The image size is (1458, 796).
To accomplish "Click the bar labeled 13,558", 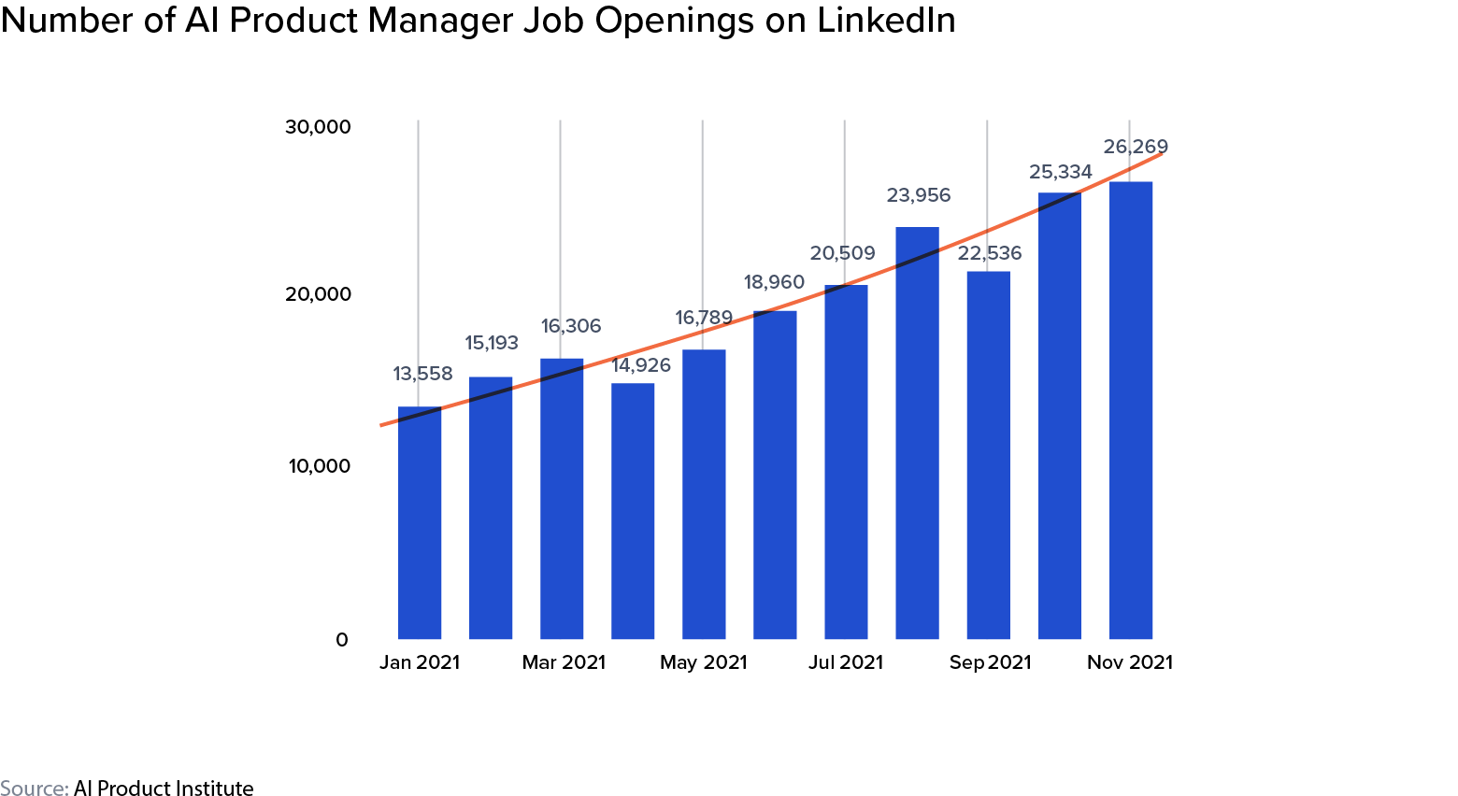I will (x=419, y=523).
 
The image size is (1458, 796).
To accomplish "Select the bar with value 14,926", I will (x=633, y=511).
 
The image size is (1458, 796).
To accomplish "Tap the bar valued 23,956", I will (x=917, y=434).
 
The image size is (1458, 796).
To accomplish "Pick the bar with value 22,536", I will (x=988, y=455).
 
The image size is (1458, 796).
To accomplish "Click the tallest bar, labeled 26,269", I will (x=1130, y=411).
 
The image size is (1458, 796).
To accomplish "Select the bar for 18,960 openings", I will (x=775, y=475).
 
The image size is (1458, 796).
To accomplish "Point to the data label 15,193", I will (x=492, y=343).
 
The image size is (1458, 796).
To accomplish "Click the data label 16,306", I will (x=571, y=326).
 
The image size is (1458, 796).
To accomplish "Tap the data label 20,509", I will (x=842, y=253).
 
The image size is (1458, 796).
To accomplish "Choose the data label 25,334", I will (x=1060, y=172).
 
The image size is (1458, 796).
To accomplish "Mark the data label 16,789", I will (x=704, y=318).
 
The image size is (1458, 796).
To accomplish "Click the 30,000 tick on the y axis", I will (x=318, y=127).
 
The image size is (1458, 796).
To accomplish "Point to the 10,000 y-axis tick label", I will (x=320, y=465).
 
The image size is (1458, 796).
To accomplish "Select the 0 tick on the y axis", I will (x=342, y=640).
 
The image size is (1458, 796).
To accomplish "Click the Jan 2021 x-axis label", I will (x=420, y=662).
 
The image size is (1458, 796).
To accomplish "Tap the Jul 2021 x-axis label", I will (x=846, y=662).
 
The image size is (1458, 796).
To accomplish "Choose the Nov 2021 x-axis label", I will (x=1129, y=662).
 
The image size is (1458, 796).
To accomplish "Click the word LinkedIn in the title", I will (x=886, y=21).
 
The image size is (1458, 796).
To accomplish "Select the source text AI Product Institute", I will (x=164, y=789).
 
